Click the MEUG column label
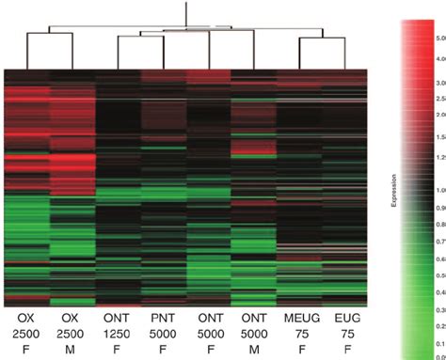point(298,315)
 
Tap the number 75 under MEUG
point(298,332)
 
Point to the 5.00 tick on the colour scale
point(437,39)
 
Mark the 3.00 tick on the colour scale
point(437,84)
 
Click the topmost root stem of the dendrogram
point(186,14)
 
